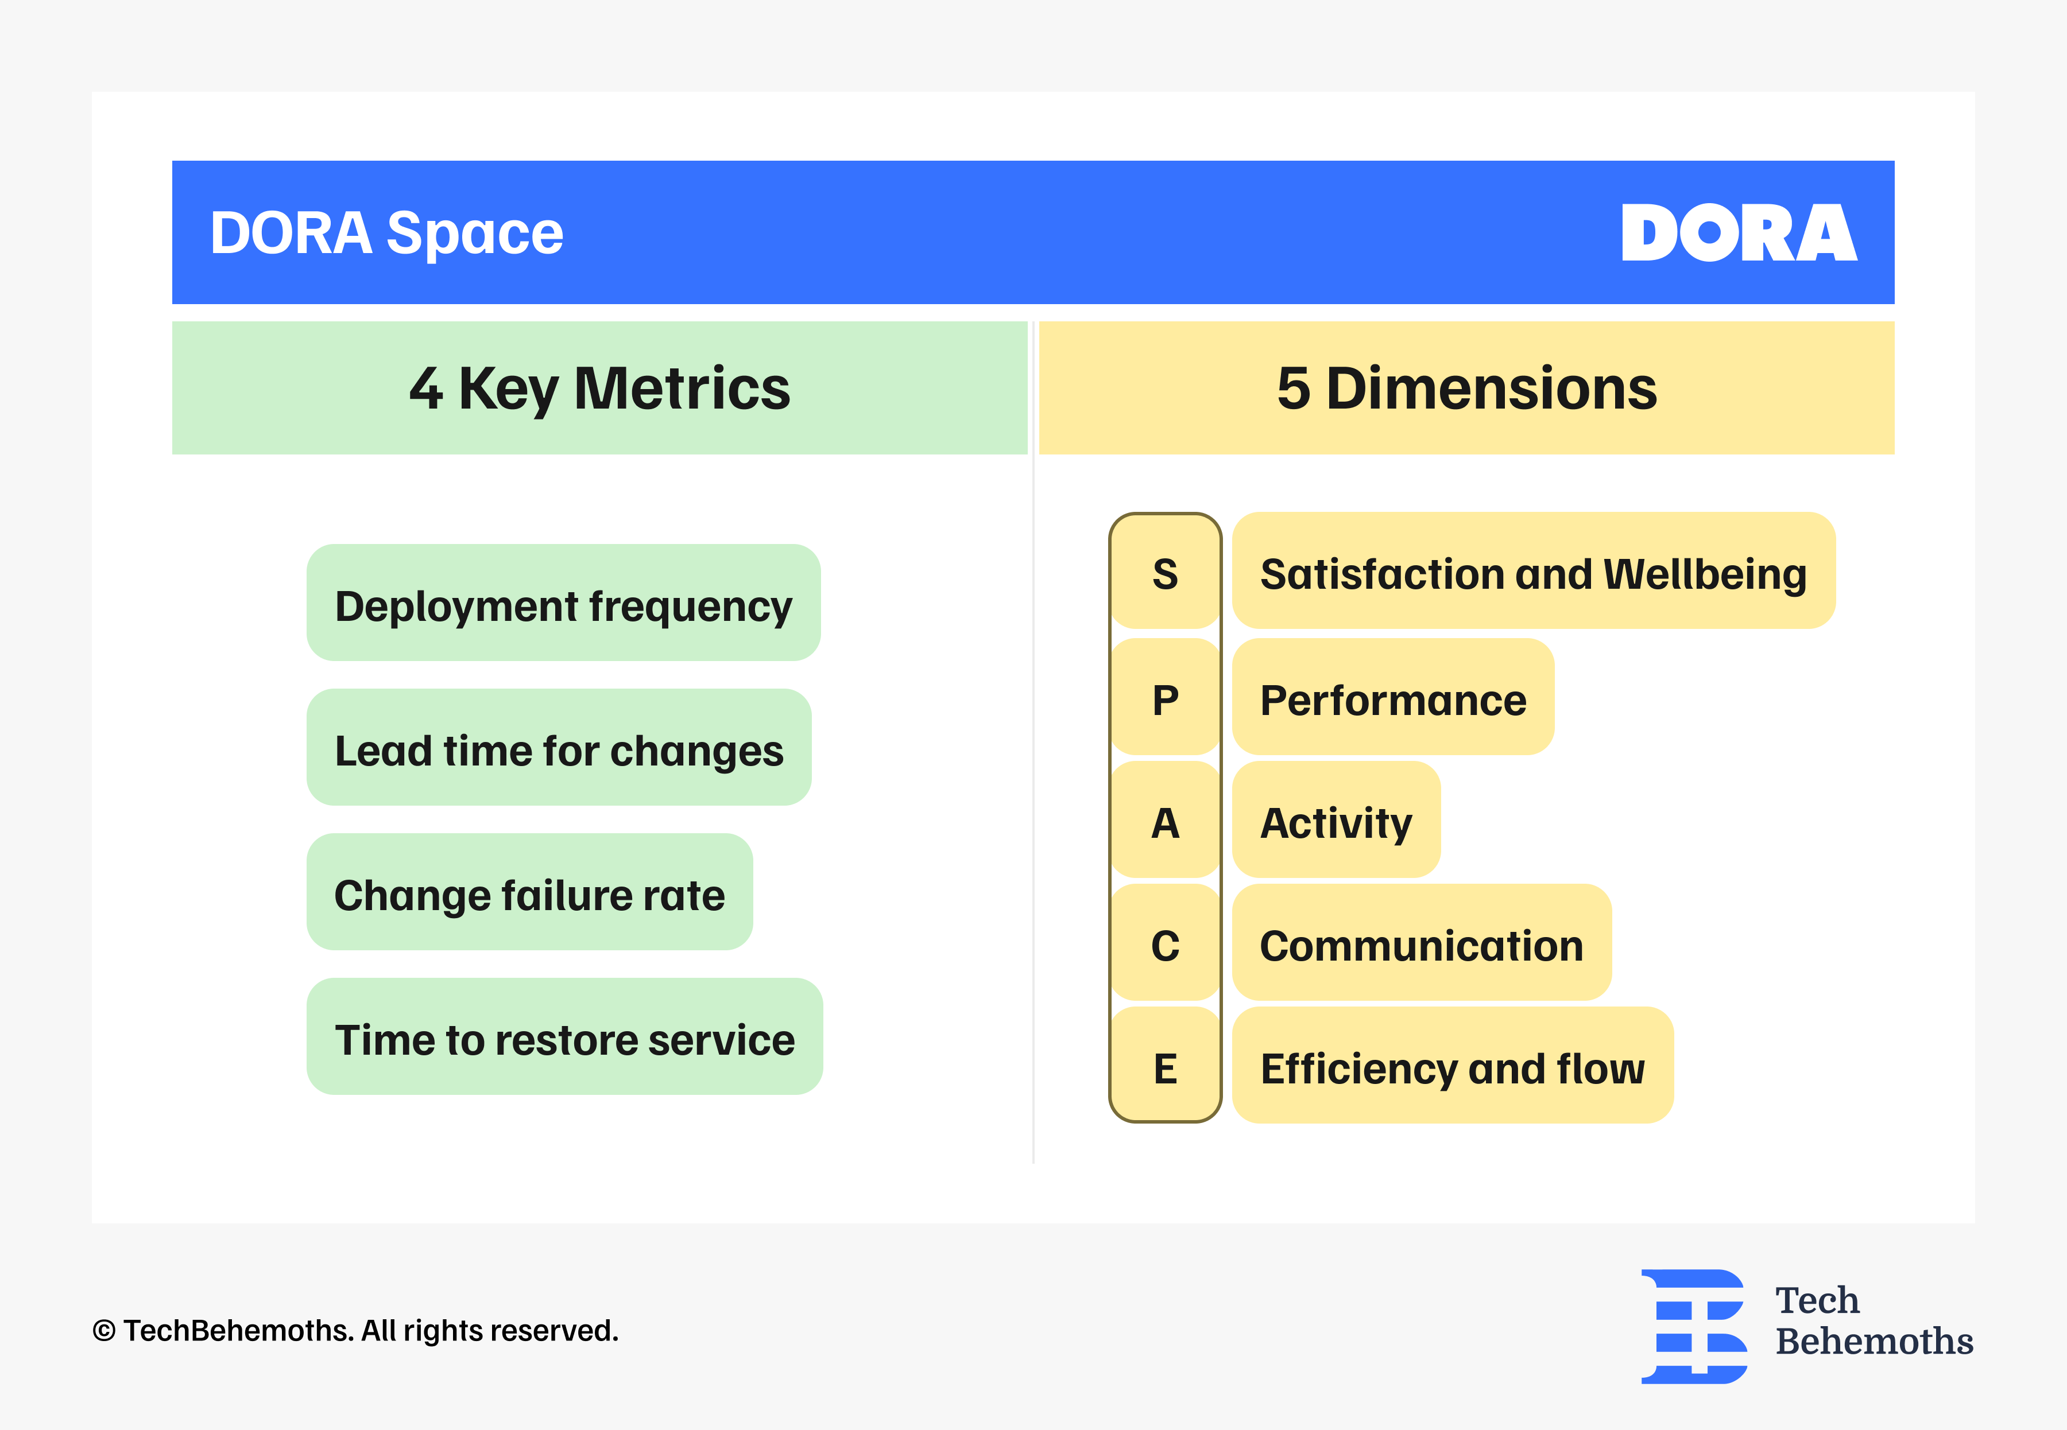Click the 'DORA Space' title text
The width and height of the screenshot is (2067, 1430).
(x=386, y=233)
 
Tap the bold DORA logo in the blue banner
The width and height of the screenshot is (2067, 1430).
(x=1739, y=233)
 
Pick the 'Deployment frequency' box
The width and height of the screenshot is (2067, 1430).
(x=563, y=602)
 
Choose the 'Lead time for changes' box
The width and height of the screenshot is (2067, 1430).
(x=559, y=747)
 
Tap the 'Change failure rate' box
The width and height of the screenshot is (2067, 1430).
(x=529, y=892)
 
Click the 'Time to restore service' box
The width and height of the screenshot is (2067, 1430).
(x=565, y=1036)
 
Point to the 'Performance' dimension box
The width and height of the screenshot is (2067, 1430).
(x=1393, y=696)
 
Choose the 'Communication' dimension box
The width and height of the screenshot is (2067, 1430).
(x=1422, y=942)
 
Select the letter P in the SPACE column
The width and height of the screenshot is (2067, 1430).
(x=1165, y=700)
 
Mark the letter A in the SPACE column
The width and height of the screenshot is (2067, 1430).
(x=1165, y=822)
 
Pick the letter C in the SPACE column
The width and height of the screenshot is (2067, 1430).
(x=1165, y=945)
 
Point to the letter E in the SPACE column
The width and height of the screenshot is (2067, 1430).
(x=1165, y=1068)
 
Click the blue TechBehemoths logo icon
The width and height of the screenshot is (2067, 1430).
(x=1694, y=1326)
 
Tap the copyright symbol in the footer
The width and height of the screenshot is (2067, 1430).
(x=104, y=1331)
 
